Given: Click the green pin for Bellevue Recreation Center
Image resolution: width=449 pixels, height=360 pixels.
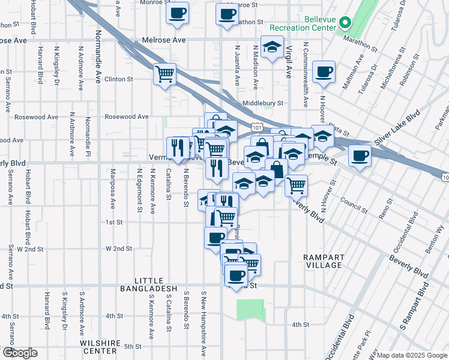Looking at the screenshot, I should [x=345, y=23].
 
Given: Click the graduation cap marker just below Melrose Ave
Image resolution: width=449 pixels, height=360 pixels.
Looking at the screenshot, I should [x=273, y=47].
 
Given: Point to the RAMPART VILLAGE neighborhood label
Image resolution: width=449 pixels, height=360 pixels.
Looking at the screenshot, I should [x=323, y=261].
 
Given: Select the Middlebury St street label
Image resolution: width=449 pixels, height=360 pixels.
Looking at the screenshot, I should [x=262, y=103].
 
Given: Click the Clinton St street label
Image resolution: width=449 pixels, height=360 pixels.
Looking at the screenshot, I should [x=118, y=79].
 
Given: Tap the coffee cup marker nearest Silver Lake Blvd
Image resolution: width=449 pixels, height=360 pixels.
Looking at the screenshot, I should [x=360, y=157].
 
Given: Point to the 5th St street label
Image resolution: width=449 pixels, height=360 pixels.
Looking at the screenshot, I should [x=131, y=346].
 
